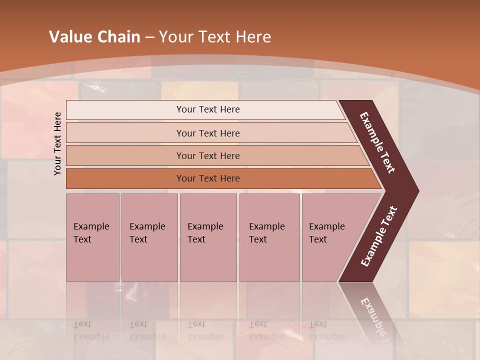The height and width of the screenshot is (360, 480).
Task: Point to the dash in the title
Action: [x=149, y=37]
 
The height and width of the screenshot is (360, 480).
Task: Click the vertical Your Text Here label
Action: [x=57, y=143]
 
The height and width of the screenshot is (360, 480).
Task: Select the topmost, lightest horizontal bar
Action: [x=207, y=109]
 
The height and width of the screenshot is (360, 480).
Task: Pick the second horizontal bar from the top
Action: [x=207, y=133]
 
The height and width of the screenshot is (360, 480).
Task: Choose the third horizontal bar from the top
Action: [x=207, y=155]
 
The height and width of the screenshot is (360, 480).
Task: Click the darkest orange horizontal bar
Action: [x=207, y=178]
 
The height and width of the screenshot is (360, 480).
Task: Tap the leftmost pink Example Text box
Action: [x=92, y=237]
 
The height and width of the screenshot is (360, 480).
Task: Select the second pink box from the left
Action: [x=149, y=237]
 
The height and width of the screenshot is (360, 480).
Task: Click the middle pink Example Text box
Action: [x=208, y=237]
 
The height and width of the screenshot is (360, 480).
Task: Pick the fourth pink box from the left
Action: [x=269, y=237]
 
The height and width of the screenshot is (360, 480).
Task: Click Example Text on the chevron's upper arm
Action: [x=378, y=142]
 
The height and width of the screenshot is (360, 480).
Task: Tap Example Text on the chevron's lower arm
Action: [x=379, y=236]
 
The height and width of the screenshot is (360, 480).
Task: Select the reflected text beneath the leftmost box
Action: [x=91, y=330]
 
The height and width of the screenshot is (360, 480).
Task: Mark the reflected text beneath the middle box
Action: [x=205, y=330]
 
